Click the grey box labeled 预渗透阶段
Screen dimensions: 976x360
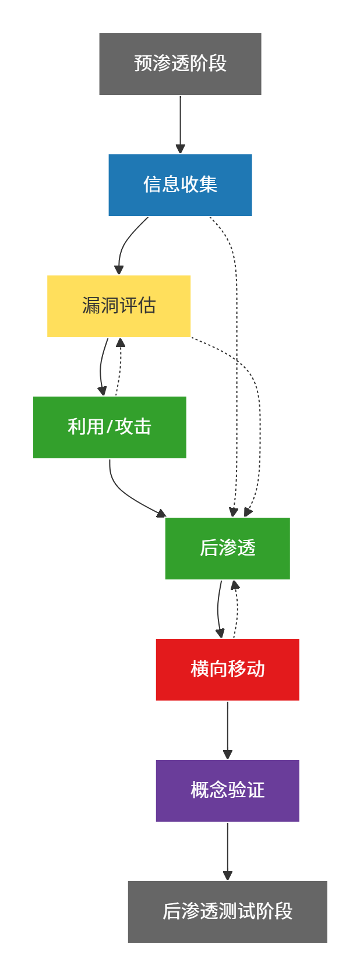click(x=180, y=64)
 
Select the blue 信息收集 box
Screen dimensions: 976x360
click(x=180, y=185)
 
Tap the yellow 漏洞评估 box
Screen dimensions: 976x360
click(x=119, y=306)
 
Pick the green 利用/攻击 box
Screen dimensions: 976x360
click(x=110, y=427)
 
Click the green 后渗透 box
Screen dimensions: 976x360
click(x=227, y=549)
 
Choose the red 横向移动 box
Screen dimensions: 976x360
click(x=227, y=670)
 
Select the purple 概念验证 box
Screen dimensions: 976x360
click(x=227, y=791)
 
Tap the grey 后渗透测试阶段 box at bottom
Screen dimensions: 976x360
click(x=227, y=912)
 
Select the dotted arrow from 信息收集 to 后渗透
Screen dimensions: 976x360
click(x=237, y=349)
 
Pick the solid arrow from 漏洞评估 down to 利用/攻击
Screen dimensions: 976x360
click(x=101, y=367)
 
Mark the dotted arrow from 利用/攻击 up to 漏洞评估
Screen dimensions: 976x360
click(x=119, y=367)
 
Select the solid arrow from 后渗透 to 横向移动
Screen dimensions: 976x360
click(x=218, y=609)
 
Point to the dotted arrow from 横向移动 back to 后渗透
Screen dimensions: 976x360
click(x=237, y=609)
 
